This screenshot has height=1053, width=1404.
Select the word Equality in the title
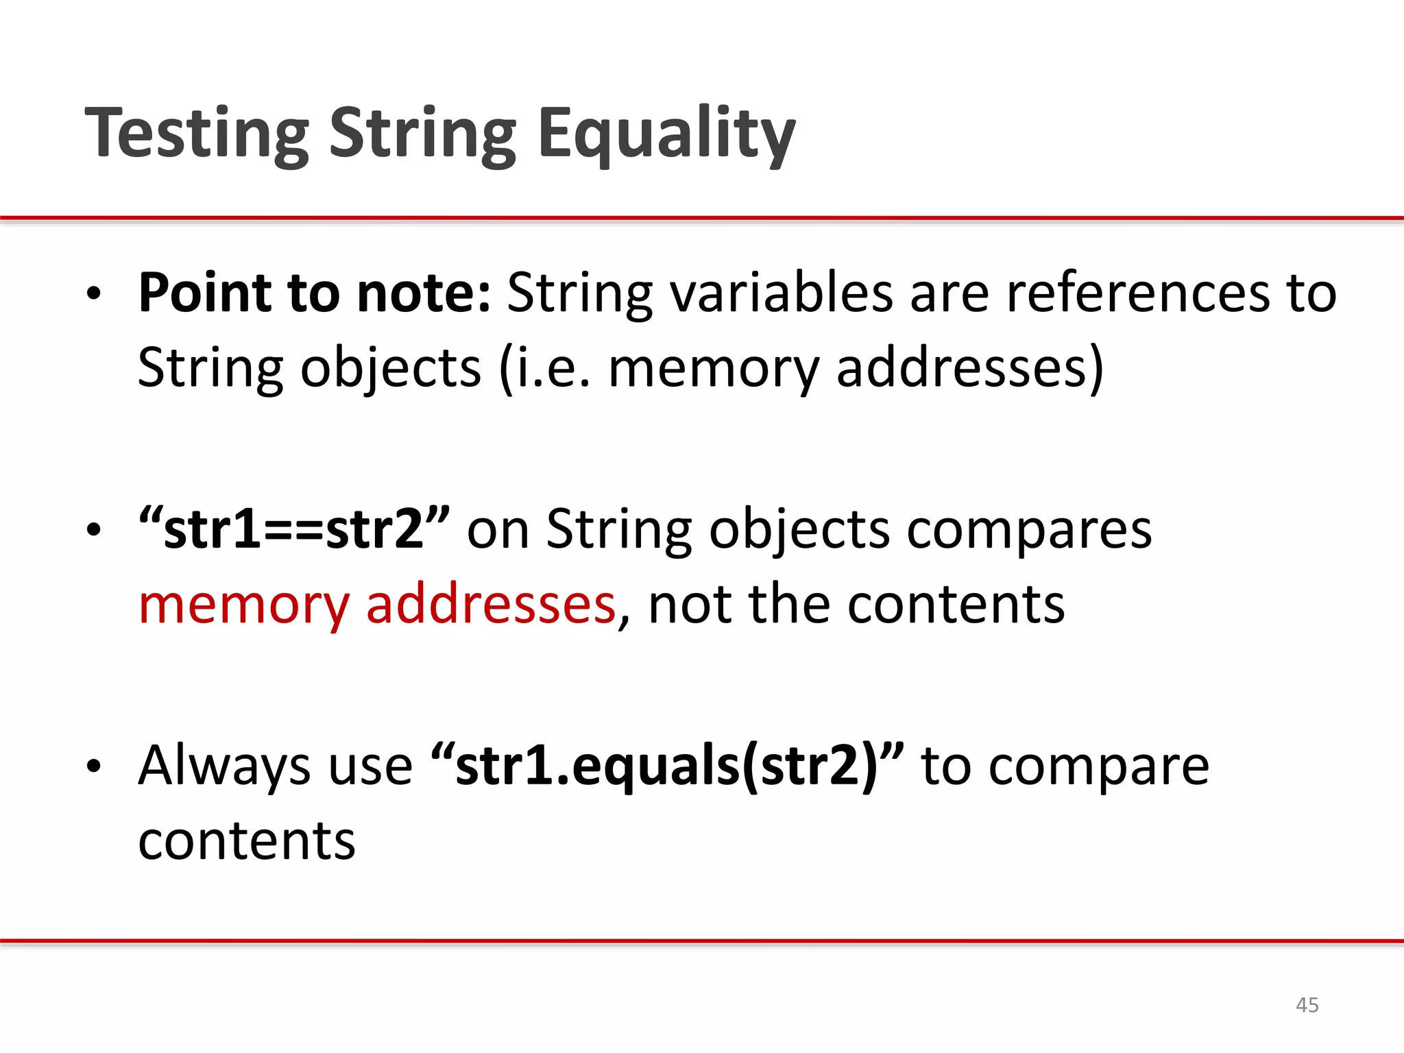click(666, 134)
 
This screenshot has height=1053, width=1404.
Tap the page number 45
click(1307, 1005)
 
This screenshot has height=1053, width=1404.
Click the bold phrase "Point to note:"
click(314, 293)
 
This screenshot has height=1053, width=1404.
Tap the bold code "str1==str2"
click(294, 529)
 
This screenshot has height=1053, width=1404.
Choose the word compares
click(1029, 529)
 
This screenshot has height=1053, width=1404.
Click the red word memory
click(244, 605)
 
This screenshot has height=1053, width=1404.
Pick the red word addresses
click(491, 605)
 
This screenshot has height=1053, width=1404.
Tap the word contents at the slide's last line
click(247, 841)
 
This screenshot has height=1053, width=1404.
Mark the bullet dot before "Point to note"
click(94, 295)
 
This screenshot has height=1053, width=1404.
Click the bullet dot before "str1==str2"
click(94, 531)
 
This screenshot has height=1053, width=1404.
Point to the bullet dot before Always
click(94, 768)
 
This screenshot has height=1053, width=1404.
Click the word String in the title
click(423, 134)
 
